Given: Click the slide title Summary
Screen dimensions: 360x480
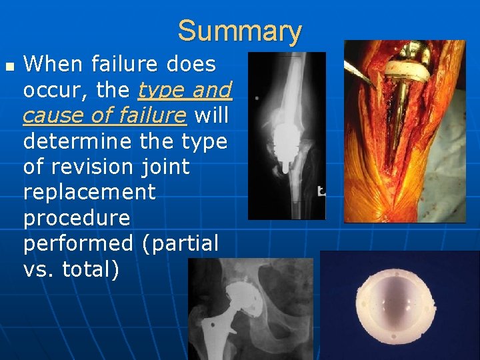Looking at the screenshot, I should click(239, 31).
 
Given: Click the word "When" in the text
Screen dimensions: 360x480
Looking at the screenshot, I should click(52, 65).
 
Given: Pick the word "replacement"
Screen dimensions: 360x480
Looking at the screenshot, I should click(89, 193).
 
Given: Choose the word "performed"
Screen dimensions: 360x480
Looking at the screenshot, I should click(78, 244).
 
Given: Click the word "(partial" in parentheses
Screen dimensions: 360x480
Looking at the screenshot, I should click(180, 244).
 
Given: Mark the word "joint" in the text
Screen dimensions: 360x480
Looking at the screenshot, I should click(166, 167).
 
